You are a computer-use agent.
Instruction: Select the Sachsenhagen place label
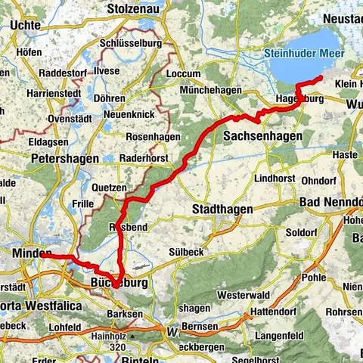(263, 135)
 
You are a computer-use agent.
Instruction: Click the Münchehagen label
(211, 90)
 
